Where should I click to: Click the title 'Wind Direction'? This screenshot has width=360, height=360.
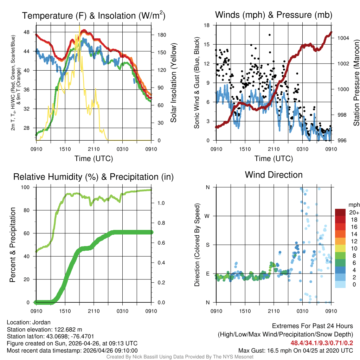[274, 175]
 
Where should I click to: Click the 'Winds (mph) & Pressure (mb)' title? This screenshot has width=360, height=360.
[274, 15]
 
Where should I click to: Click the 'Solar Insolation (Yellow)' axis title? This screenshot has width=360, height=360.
[173, 83]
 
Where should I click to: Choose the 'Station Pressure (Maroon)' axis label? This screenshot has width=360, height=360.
[355, 83]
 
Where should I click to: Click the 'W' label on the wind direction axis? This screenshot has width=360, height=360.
[207, 216]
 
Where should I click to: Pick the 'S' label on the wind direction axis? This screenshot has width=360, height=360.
[207, 245]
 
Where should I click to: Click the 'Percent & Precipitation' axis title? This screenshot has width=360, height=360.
[13, 244]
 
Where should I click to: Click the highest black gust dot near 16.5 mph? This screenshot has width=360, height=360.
[270, 35]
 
